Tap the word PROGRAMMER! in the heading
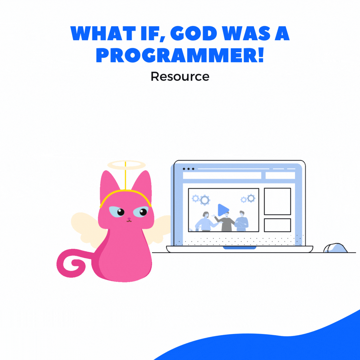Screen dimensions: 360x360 point(180,55)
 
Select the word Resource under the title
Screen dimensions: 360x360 point(180,76)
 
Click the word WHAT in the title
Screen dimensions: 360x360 point(103,34)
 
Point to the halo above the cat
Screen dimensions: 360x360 point(127,165)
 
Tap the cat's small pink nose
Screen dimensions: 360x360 point(129,219)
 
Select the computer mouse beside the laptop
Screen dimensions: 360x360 point(335,248)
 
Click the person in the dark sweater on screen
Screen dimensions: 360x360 point(226,222)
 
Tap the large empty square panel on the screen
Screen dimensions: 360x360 point(277,201)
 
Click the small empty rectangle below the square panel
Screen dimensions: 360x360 point(277,225)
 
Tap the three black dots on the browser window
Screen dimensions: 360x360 point(188,169)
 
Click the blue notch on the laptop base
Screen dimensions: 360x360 point(239,248)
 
